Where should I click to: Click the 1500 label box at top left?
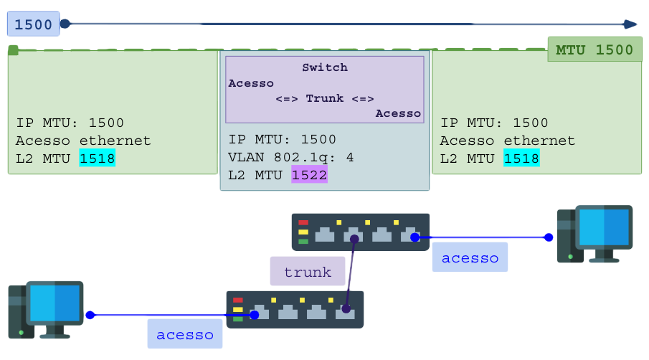coord(33,24)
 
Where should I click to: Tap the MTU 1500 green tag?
coord(594,50)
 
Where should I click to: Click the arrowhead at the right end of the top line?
coord(630,24)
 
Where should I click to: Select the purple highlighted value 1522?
coord(309,174)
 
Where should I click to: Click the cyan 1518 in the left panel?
coord(98,158)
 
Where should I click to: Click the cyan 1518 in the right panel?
coord(521,158)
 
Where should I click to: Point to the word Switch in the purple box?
coord(325,67)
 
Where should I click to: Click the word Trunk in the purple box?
coord(325,98)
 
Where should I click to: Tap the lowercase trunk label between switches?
coord(308,272)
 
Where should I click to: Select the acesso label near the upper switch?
coord(470,257)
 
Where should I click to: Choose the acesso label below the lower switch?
coord(185,334)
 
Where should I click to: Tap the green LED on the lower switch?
coord(238,318)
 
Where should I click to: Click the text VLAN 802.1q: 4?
coord(291,157)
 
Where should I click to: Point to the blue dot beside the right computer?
coord(549,237)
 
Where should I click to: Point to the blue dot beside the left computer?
coord(90,315)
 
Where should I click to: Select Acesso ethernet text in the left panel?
coord(83,141)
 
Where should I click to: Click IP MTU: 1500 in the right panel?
coord(494,123)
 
